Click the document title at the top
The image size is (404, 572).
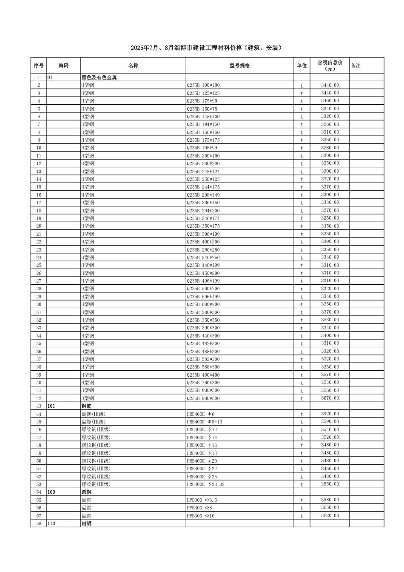(206, 48)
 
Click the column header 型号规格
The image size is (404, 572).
(239, 66)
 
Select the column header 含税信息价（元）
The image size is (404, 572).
(330, 66)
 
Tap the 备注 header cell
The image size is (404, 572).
(356, 66)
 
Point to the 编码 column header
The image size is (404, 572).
(63, 66)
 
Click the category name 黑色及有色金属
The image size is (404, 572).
(99, 77)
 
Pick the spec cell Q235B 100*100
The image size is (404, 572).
(203, 85)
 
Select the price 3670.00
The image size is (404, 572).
(330, 398)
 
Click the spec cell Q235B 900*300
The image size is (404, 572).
(203, 398)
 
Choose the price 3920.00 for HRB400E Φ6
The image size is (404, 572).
(330, 414)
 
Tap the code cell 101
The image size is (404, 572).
(51, 406)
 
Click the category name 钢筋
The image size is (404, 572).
(86, 406)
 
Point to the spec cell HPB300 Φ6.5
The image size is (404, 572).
(202, 500)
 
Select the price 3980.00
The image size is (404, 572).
(330, 500)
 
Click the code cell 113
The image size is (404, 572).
(51, 523)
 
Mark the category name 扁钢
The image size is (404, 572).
(86, 523)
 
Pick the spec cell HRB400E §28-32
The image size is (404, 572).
(205, 484)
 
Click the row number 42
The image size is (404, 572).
(39, 398)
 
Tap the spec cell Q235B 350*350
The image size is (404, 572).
(203, 320)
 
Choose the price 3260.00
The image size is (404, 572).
(330, 124)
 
